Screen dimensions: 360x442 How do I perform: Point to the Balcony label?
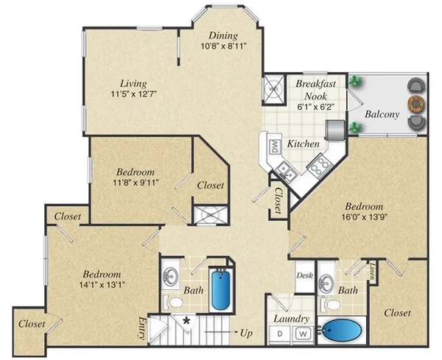[382, 114]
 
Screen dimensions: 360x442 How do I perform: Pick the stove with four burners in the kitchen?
[319, 167]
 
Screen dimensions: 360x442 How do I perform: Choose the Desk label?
[304, 276]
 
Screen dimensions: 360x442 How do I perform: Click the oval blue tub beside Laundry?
[342, 333]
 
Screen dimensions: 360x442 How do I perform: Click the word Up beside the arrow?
[246, 333]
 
